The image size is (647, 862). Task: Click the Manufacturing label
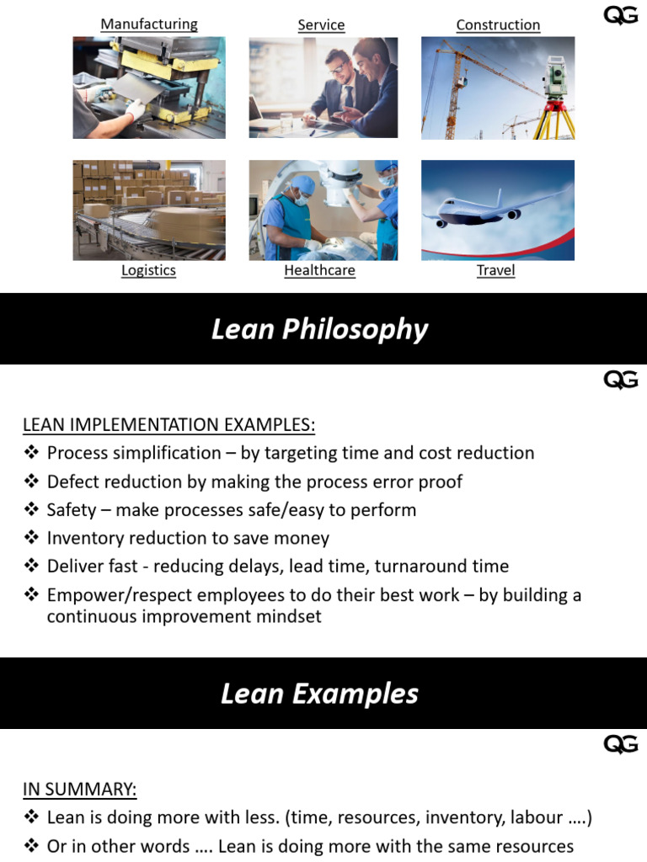point(149,24)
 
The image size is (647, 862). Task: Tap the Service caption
point(321,24)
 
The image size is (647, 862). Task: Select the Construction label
point(498,24)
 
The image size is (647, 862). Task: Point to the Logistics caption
point(148,270)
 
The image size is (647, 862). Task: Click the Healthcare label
point(319,270)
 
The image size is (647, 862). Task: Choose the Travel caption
point(495,270)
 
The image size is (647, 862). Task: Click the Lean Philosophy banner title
point(319,329)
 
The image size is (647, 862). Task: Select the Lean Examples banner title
point(319,694)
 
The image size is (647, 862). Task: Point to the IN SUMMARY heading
point(79,789)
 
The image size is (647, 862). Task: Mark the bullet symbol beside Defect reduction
point(31,482)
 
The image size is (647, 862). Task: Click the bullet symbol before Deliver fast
point(31,567)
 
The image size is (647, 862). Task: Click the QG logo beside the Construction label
point(621,16)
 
